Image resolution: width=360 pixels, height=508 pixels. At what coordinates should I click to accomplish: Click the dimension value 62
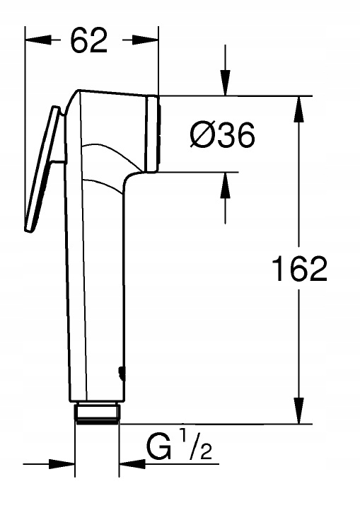90,42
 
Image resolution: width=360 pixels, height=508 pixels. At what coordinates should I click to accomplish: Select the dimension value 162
300,269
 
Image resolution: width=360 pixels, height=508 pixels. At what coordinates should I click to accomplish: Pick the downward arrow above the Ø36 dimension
226,86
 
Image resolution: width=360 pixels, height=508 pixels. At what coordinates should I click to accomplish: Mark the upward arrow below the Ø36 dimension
226,182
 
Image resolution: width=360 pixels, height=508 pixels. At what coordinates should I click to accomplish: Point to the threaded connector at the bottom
97,413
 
